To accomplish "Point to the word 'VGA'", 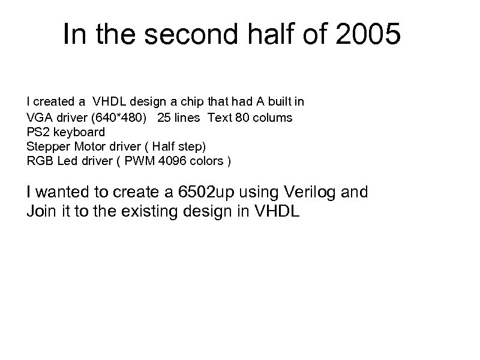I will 38,117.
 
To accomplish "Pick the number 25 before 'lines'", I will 164,117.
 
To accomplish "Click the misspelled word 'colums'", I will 274,117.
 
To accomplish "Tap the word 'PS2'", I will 36,131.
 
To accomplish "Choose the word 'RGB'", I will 38,161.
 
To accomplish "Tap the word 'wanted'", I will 62,193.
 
